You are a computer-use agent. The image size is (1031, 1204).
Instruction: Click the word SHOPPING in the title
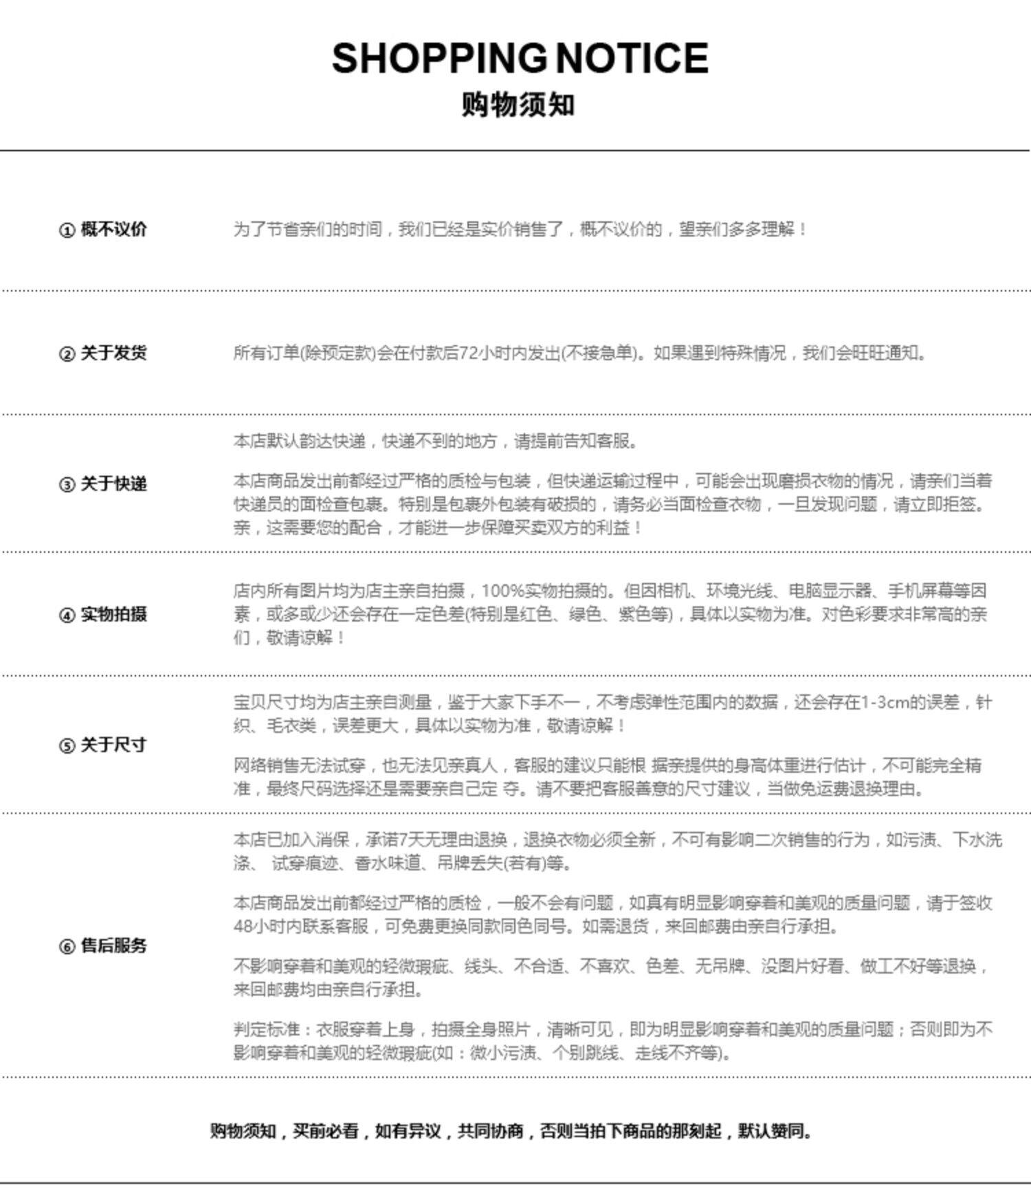tap(438, 58)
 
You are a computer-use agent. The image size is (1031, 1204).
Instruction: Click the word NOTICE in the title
tap(632, 58)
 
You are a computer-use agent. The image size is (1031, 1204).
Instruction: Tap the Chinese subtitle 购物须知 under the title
tap(518, 105)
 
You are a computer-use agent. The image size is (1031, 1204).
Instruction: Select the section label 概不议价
tap(113, 230)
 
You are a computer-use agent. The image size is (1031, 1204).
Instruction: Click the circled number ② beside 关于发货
tap(67, 354)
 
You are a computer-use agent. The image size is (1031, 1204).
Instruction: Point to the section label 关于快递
tap(113, 484)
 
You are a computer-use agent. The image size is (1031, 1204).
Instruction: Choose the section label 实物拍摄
tap(113, 615)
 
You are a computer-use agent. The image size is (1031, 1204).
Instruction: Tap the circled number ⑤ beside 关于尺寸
tap(67, 746)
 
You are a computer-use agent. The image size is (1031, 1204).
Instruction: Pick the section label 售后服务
tap(113, 946)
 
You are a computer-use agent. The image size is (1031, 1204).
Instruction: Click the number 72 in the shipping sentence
tap(468, 353)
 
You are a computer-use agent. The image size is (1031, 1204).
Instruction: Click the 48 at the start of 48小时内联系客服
tap(243, 926)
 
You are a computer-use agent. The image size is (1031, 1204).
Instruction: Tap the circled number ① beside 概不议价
tap(67, 230)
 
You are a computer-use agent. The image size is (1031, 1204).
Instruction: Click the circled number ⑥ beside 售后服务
tap(67, 947)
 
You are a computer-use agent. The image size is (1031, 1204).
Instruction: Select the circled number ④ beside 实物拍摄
tap(67, 615)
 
